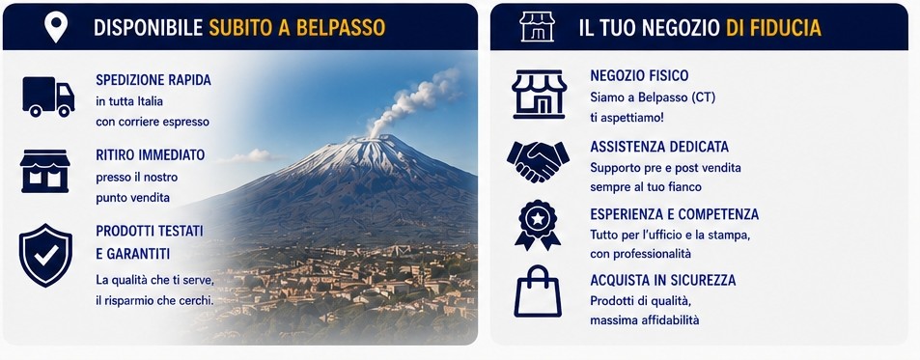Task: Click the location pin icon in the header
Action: (56, 26)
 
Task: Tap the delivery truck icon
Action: (48, 97)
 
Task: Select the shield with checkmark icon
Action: (45, 255)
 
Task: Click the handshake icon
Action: (538, 161)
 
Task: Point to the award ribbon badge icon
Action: (538, 226)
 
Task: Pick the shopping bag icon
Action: (538, 291)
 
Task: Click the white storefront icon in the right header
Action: (537, 26)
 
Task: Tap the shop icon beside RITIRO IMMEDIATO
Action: (44, 171)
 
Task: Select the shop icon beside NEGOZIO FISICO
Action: (539, 94)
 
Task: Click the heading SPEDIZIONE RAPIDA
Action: (153, 80)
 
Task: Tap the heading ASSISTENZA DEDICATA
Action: (659, 146)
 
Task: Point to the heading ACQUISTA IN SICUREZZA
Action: (663, 280)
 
